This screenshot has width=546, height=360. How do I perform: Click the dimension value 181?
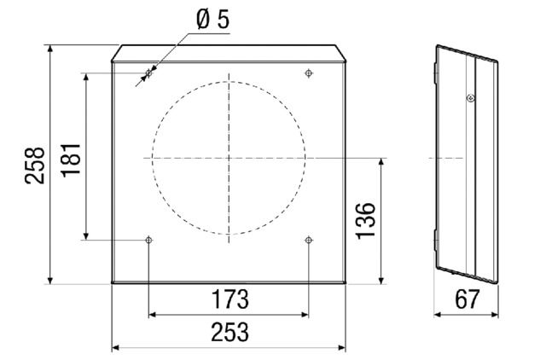click(x=72, y=160)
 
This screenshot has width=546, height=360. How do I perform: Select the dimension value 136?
click(x=363, y=221)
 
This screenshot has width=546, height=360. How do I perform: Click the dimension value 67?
click(x=466, y=300)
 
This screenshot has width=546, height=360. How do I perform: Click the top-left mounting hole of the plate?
click(x=148, y=74)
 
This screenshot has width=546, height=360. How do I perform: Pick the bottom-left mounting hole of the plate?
click(x=149, y=240)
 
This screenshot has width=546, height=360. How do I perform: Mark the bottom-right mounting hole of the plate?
click(x=308, y=240)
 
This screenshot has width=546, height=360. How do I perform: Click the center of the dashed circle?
click(x=229, y=158)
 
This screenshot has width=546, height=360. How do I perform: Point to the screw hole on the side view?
click(x=469, y=98)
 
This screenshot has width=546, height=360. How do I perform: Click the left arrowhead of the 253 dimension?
click(x=116, y=348)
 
